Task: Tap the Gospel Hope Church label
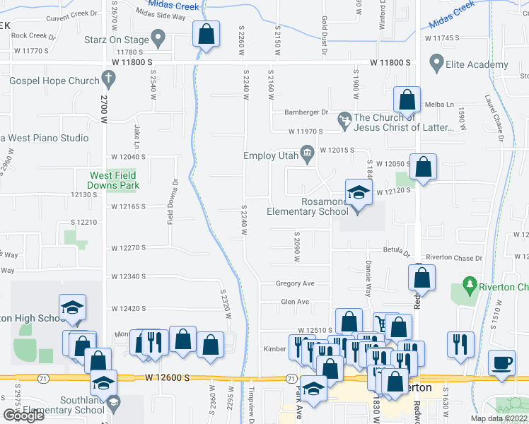[54, 81]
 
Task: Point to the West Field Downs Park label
[114, 180]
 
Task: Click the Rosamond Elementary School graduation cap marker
[359, 193]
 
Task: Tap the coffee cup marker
[502, 363]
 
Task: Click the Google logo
[23, 415]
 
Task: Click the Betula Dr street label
[397, 252]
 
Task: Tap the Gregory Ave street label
[295, 283]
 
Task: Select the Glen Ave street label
[295, 302]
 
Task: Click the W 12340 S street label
[128, 276]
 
